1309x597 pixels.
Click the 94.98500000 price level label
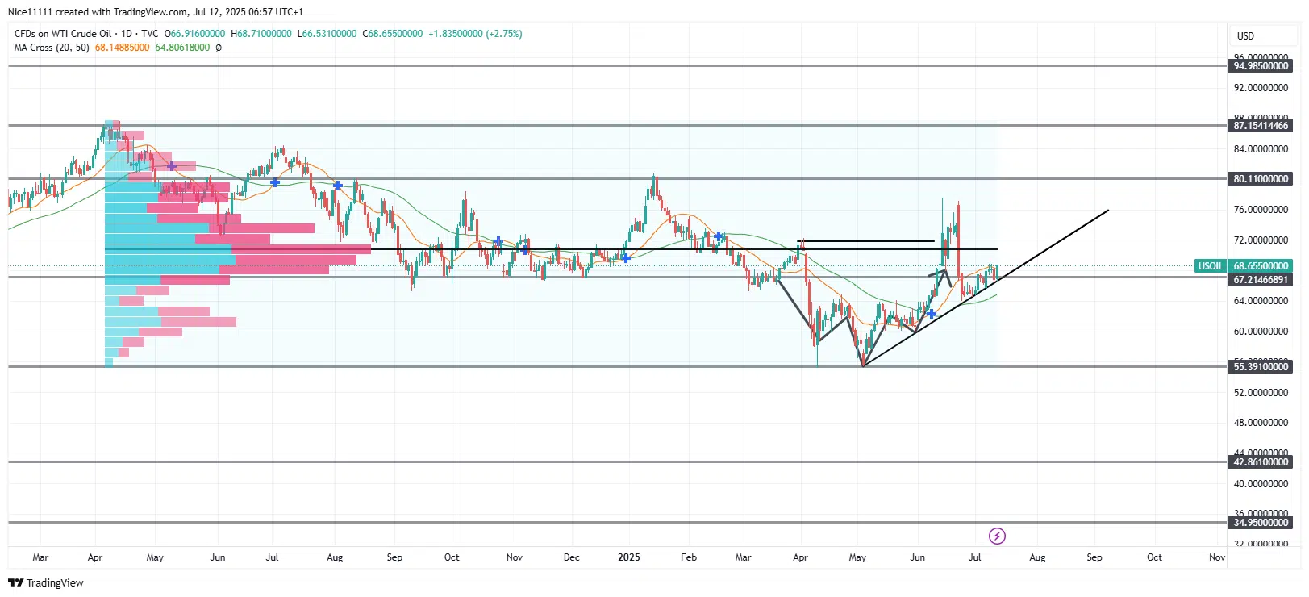tap(1261, 66)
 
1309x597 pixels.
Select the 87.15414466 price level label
tap(1261, 126)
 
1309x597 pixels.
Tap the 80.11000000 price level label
tap(1261, 179)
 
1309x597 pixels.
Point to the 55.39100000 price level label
tap(1261, 367)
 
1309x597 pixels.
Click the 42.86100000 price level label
tap(1261, 462)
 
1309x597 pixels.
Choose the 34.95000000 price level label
tap(1261, 523)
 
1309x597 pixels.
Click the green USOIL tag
tap(1210, 266)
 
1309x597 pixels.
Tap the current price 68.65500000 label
tap(1261, 266)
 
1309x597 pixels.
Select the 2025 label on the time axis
tap(628, 557)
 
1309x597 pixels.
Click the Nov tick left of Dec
tap(514, 557)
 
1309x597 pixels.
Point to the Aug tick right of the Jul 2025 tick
tap(1037, 557)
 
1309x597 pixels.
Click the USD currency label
tap(1245, 36)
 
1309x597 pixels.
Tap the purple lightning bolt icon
tap(997, 536)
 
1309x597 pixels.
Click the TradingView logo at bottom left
tap(46, 582)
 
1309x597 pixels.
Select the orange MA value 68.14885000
tap(122, 48)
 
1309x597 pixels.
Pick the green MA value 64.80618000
tap(182, 48)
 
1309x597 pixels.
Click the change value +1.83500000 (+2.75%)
tap(475, 34)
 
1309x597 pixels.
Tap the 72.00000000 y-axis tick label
tap(1261, 240)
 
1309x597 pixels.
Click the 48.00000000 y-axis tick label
tap(1261, 423)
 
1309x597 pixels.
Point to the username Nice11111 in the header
tap(30, 12)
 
